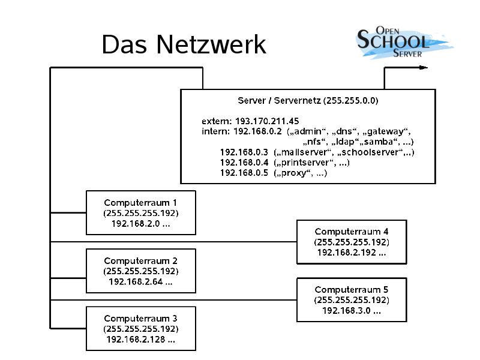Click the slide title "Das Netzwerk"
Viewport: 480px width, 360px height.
(x=183, y=45)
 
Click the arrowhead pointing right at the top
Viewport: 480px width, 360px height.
(x=424, y=67)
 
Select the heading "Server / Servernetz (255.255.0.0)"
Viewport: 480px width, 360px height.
(x=308, y=101)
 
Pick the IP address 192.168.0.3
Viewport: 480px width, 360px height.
(x=244, y=152)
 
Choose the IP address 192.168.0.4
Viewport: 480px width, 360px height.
(x=244, y=163)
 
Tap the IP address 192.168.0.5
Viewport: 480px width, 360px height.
(x=244, y=173)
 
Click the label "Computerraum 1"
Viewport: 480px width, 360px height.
(x=140, y=203)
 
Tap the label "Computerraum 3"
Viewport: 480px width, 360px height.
(x=140, y=318)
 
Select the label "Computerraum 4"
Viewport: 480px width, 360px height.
(x=352, y=231)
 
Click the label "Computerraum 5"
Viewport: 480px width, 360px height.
(x=352, y=289)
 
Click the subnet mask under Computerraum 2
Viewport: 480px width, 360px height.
(x=140, y=271)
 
